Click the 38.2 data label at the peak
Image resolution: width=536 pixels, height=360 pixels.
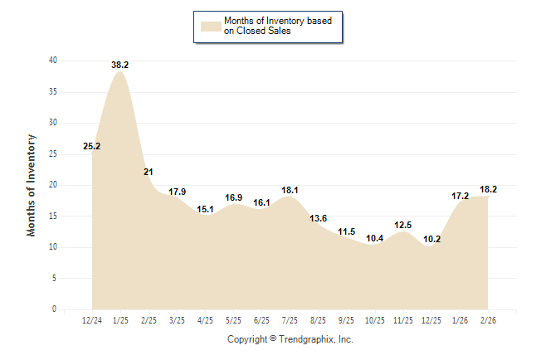[x=120, y=64]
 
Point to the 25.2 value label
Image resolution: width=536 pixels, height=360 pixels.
[x=92, y=147]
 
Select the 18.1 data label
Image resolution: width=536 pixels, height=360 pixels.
[x=290, y=190]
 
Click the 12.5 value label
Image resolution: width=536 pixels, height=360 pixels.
[x=403, y=225]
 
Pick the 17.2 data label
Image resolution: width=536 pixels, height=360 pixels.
[x=460, y=196]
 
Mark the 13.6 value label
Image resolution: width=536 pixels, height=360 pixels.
[x=319, y=218]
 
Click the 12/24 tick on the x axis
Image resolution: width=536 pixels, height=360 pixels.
[x=92, y=320]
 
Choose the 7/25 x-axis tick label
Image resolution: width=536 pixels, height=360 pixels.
[x=290, y=320]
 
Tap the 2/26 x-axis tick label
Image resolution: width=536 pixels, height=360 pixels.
[x=487, y=320]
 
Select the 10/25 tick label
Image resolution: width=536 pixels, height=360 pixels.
[x=375, y=320]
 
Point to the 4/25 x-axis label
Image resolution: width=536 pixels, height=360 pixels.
[x=205, y=320]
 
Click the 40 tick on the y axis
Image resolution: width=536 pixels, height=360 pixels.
[x=53, y=61]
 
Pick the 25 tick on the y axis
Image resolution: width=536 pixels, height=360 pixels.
[x=53, y=153]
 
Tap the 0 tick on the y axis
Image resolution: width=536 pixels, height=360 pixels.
[x=55, y=309]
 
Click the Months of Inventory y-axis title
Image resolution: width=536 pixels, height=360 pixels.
[x=32, y=184]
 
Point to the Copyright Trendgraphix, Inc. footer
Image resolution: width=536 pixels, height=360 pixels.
[x=290, y=339]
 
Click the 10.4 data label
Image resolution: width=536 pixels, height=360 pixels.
[x=375, y=238]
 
